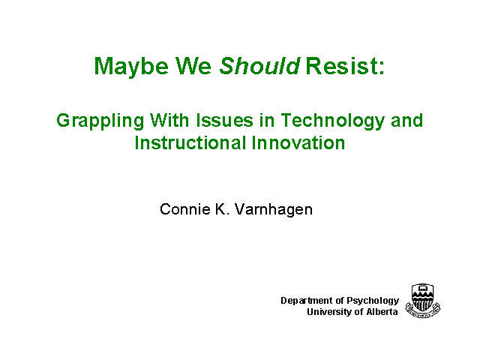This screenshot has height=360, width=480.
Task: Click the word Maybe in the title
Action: point(131,67)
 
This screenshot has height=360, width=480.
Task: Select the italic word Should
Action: point(259,65)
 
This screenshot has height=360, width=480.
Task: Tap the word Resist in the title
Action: point(342,65)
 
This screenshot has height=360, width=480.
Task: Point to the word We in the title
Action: point(193,65)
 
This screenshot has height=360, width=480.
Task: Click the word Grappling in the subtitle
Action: point(100,121)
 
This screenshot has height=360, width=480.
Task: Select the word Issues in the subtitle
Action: point(224,120)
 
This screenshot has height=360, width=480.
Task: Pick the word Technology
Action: point(332,121)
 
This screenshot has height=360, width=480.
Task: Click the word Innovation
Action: point(298,142)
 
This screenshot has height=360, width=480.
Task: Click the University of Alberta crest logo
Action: point(423,301)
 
